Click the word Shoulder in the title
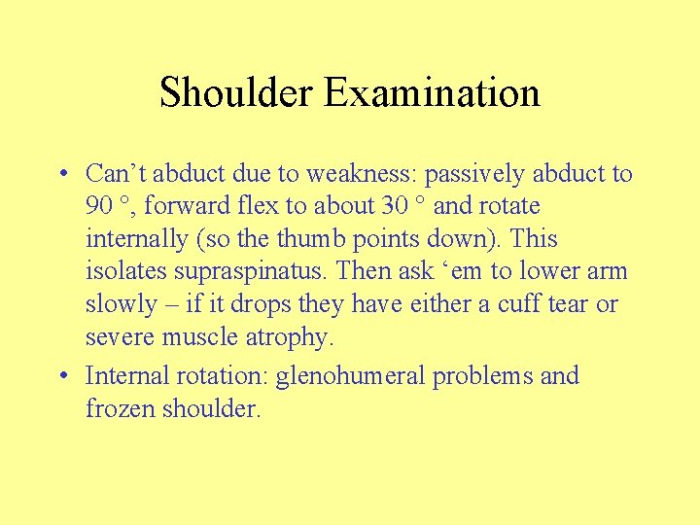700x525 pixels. coord(237,93)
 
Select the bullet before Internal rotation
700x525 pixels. coord(61,376)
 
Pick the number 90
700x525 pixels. coord(98,207)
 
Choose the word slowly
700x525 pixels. coord(118,304)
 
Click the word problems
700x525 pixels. coord(478,376)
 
